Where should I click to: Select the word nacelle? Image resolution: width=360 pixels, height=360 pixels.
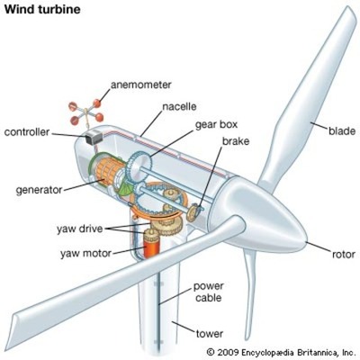(180, 105)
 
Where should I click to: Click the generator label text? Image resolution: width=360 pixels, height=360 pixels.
(38, 190)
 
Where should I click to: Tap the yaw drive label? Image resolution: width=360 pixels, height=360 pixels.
(85, 229)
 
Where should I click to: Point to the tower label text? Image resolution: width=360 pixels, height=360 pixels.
(209, 334)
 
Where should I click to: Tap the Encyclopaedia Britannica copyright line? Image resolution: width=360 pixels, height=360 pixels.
(281, 351)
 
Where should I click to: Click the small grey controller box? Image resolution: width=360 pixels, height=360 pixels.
(93, 141)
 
